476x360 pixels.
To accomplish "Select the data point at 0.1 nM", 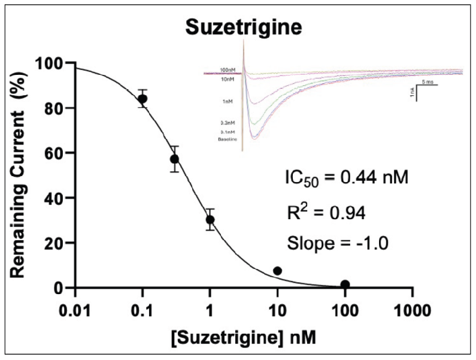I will pyautogui.click(x=143, y=99).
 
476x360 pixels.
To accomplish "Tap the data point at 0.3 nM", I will pyautogui.click(x=174, y=159).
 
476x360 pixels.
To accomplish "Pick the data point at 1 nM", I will pyautogui.click(x=210, y=219).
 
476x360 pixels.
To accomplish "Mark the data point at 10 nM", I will pyautogui.click(x=277, y=271).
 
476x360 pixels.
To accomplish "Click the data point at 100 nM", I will pyautogui.click(x=345, y=284).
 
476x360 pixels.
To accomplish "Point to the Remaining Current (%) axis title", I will pyautogui.click(x=23, y=174).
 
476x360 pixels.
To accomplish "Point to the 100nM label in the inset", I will pyautogui.click(x=228, y=69).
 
